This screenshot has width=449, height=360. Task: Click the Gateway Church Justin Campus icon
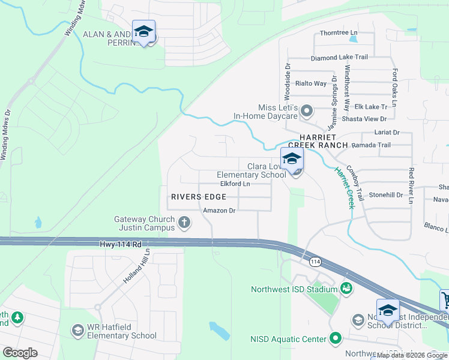tap(184, 224)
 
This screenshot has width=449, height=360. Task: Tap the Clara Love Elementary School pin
tap(292, 160)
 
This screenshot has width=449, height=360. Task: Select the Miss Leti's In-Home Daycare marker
tap(307, 110)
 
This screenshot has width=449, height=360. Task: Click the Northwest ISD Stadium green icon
tap(346, 289)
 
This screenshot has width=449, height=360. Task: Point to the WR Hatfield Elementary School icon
tap(77, 330)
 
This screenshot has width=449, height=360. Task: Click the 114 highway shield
tap(315, 262)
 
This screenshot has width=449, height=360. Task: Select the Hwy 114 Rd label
tap(121, 245)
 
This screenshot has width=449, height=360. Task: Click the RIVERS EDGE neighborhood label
tap(199, 197)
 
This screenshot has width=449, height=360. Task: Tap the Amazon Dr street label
tap(219, 211)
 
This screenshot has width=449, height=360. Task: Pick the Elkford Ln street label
tap(235, 184)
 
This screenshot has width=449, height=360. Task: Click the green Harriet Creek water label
tap(343, 187)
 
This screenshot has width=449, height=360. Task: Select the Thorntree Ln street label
tap(339, 32)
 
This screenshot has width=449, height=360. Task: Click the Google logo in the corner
tap(20, 353)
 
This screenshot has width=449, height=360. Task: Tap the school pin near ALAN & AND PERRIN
tap(144, 32)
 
